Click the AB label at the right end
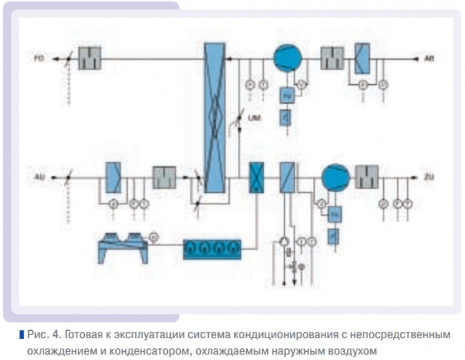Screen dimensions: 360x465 click(x=428, y=59)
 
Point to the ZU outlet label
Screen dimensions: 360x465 click(x=428, y=177)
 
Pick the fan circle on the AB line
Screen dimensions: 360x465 click(x=287, y=59)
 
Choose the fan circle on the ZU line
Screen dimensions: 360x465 click(x=336, y=177)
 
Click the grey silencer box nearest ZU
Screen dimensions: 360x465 click(x=367, y=177)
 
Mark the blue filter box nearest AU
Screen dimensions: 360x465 click(x=114, y=177)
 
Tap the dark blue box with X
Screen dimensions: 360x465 click(x=256, y=177)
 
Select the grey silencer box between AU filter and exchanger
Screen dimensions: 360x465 click(x=165, y=177)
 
